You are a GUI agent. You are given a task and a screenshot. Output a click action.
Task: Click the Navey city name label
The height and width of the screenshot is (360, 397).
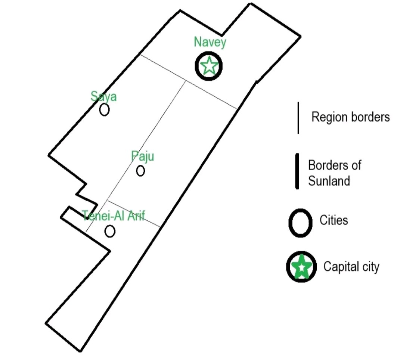point(210,42)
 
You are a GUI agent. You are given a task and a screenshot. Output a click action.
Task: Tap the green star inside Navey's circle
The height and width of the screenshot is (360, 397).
point(209,65)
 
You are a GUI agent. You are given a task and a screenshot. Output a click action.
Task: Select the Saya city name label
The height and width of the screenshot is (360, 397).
point(103,96)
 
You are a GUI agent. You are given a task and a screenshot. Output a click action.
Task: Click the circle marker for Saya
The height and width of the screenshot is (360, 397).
point(104,110)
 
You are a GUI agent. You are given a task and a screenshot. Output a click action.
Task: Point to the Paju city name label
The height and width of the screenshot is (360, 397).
point(143,156)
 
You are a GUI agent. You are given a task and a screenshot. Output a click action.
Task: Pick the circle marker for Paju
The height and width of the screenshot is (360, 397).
point(140,171)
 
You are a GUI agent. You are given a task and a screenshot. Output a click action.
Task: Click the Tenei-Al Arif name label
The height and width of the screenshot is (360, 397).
point(114,216)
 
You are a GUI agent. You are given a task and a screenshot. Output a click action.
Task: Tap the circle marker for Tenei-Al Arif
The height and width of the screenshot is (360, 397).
point(110,231)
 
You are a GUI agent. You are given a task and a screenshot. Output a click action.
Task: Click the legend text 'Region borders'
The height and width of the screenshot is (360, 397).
point(350,117)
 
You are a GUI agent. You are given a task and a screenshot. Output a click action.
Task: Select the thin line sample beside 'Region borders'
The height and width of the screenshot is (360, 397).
point(298,118)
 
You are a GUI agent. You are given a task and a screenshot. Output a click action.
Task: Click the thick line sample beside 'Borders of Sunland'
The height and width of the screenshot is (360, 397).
point(297,171)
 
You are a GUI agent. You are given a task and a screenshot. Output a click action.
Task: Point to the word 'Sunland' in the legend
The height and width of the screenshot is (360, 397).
point(329,181)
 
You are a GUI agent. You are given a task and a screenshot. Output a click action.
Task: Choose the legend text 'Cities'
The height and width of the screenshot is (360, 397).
point(334,220)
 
